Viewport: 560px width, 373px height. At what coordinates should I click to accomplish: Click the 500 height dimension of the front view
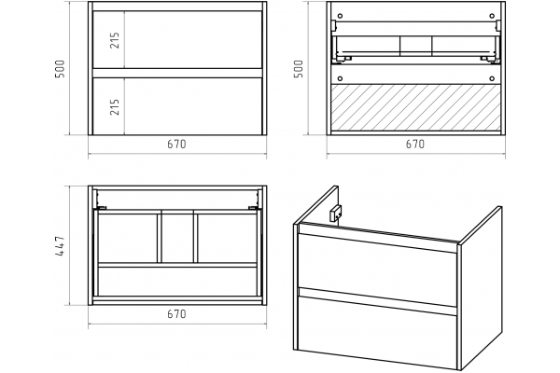(60, 69)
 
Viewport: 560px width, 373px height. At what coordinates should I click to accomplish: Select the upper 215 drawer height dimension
(115, 40)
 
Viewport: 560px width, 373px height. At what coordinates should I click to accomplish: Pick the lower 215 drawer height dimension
(115, 106)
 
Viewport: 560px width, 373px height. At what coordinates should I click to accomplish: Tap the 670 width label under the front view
(176, 145)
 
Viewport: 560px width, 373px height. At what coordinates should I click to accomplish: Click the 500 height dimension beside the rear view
(298, 69)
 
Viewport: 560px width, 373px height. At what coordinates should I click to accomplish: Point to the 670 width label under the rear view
(415, 145)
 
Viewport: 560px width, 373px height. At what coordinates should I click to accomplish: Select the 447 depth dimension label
(60, 245)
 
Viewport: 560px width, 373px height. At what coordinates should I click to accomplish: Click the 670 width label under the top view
(176, 314)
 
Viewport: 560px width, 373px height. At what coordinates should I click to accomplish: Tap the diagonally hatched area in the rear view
(415, 107)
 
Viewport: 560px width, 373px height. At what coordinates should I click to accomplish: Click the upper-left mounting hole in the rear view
(340, 16)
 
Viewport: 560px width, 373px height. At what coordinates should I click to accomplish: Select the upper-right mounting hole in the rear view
(492, 16)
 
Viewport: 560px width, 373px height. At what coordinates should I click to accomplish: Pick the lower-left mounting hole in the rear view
(340, 78)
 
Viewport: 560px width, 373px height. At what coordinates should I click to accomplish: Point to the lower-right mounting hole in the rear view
(492, 78)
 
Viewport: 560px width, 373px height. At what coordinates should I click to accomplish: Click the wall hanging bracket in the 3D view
(336, 214)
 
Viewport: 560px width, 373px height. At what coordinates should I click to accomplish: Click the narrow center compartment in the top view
(177, 238)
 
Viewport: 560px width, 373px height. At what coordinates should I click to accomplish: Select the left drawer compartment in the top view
(128, 238)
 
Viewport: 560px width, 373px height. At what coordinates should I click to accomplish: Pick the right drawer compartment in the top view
(227, 238)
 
